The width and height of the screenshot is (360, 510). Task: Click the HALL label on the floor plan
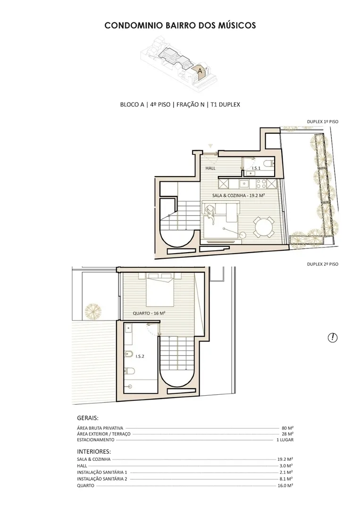(x=210, y=168)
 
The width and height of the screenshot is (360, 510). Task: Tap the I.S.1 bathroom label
(x=256, y=168)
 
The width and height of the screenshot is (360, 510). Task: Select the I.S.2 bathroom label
(x=140, y=356)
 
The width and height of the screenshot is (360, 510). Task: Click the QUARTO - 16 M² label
(x=149, y=313)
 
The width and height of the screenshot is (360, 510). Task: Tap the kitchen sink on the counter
(x=244, y=184)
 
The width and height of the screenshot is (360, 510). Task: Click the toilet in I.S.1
(x=268, y=163)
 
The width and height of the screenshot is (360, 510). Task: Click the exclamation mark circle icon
(x=332, y=338)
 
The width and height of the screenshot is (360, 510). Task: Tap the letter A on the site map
(x=200, y=70)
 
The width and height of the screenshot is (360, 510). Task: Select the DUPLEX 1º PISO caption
(x=322, y=122)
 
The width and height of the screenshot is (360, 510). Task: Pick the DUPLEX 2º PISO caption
(x=322, y=264)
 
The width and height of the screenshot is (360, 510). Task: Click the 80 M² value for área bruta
(x=287, y=428)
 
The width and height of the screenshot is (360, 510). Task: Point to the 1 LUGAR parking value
(x=285, y=440)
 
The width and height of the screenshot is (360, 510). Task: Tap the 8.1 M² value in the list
(x=285, y=479)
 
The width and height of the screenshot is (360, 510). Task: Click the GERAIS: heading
(x=88, y=418)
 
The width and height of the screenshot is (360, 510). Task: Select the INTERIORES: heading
(x=94, y=452)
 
